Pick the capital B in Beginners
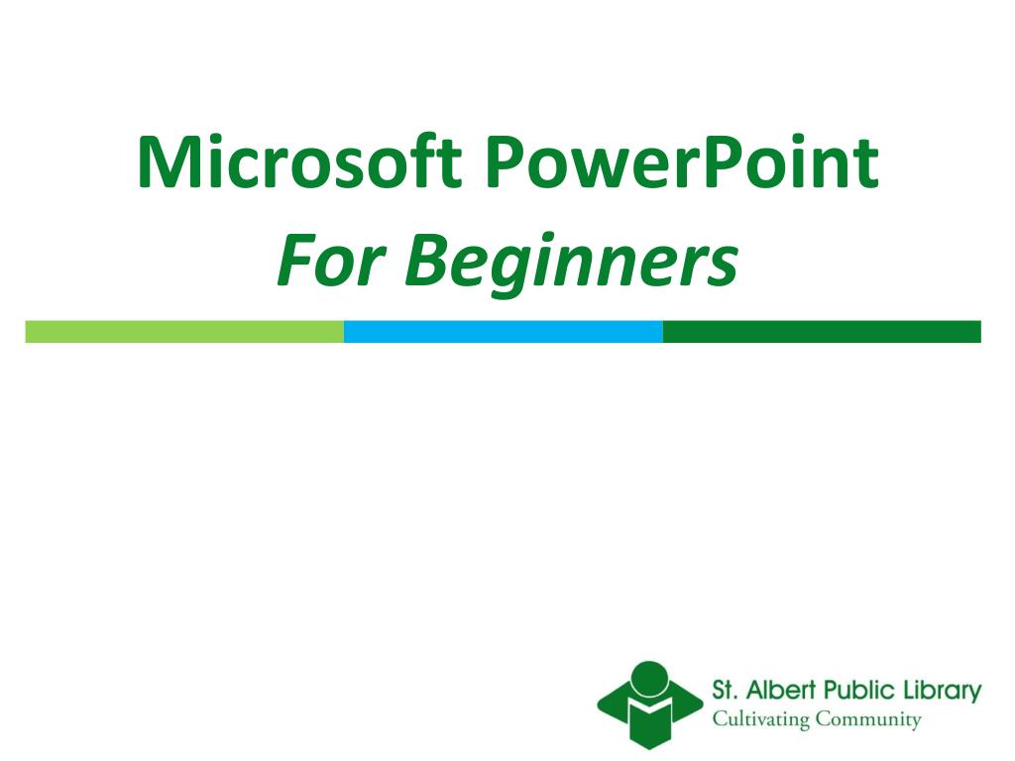tap(427, 260)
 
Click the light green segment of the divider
tap(184, 332)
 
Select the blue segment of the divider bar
tap(503, 332)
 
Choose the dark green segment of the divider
tap(821, 332)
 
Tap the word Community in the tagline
tap(867, 720)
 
